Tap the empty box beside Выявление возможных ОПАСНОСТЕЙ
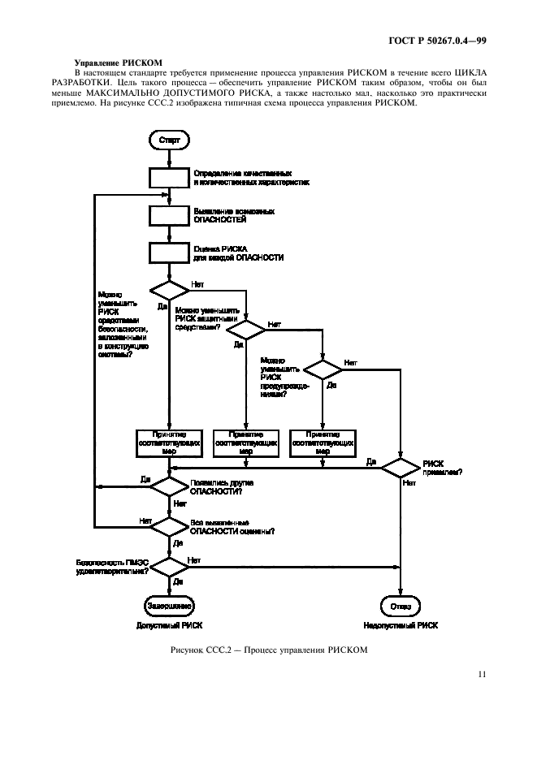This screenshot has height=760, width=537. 169,215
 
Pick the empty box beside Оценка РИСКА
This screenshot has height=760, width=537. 169,253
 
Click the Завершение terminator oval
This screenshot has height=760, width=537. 169,605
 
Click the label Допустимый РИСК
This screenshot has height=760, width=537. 169,626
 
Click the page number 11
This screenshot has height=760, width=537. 482,673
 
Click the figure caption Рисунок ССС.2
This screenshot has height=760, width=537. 270,650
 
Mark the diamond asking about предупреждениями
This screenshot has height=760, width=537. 323,368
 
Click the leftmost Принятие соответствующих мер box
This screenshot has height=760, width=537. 169,443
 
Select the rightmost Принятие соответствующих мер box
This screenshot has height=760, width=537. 323,443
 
